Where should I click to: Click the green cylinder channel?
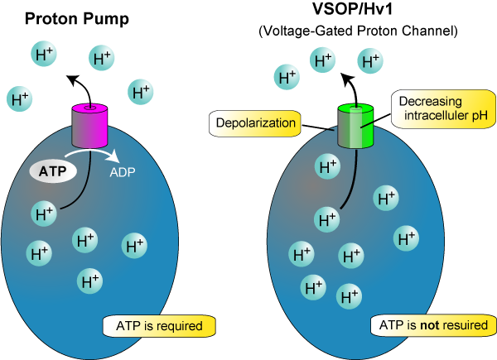(x=357, y=128)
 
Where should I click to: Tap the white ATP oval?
(x=53, y=171)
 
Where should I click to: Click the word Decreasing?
(x=430, y=102)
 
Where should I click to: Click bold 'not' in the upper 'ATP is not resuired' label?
(x=430, y=325)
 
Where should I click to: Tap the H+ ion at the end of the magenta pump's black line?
(x=45, y=213)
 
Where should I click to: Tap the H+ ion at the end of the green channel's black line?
(x=328, y=219)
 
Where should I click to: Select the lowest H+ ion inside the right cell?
(x=349, y=294)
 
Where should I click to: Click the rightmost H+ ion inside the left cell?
(x=135, y=245)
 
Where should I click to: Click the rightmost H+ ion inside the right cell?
(x=406, y=238)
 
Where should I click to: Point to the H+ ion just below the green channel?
(x=329, y=166)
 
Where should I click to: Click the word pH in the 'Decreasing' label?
(x=480, y=115)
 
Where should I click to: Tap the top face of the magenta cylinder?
(x=91, y=108)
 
